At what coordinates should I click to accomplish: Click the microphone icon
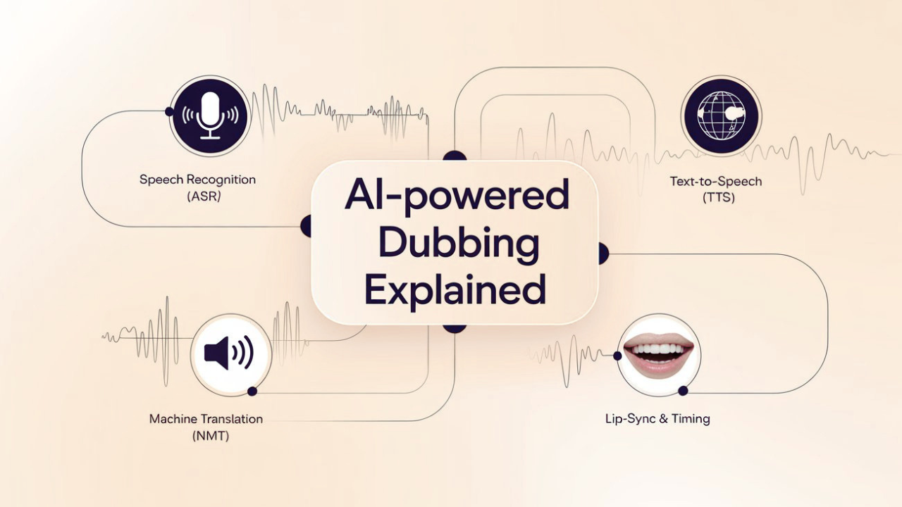pyautogui.click(x=210, y=116)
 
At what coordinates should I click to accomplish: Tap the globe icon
pyautogui.click(x=721, y=115)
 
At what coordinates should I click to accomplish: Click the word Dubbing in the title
pyautogui.click(x=458, y=243)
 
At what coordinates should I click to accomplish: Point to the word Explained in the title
pyautogui.click(x=455, y=289)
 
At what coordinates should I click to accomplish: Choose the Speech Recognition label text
pyautogui.click(x=197, y=180)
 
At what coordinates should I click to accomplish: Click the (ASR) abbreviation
pyautogui.click(x=204, y=196)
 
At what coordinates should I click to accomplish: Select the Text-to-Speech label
pyautogui.click(x=716, y=182)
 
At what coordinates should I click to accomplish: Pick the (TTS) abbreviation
pyautogui.click(x=718, y=198)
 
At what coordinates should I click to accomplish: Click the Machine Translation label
pyautogui.click(x=206, y=419)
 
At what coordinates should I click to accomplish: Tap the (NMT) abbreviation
pyautogui.click(x=211, y=436)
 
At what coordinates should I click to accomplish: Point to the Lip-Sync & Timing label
pyautogui.click(x=657, y=419)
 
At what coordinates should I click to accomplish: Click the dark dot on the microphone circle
pyautogui.click(x=170, y=111)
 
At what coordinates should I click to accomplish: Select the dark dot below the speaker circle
pyautogui.click(x=252, y=391)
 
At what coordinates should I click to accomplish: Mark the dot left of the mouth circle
pyautogui.click(x=617, y=356)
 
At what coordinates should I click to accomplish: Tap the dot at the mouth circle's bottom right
pyautogui.click(x=683, y=391)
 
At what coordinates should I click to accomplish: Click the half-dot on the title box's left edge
pyautogui.click(x=307, y=226)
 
